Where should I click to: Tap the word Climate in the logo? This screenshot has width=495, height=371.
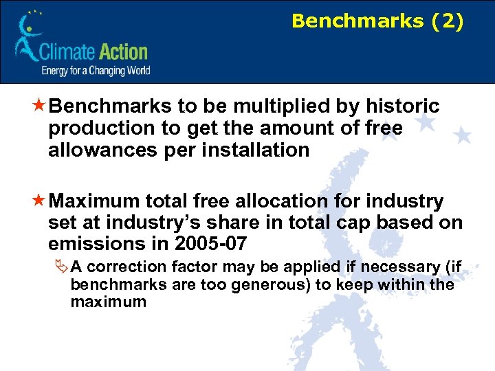point(65,52)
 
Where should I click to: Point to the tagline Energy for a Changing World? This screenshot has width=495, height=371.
point(96,70)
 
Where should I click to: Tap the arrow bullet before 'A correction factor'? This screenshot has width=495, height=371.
point(62,267)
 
